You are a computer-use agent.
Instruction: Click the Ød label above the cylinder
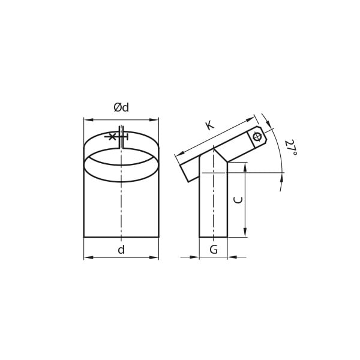(121, 107)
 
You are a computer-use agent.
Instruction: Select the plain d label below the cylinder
(121, 250)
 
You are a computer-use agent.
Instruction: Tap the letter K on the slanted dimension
(210, 125)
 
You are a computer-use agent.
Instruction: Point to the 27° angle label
(290, 148)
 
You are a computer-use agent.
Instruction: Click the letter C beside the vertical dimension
(238, 200)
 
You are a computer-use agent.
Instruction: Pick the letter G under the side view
(214, 250)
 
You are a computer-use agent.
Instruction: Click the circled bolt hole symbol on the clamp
(257, 137)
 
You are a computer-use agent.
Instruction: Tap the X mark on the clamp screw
(112, 137)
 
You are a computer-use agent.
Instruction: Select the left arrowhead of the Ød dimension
(89, 119)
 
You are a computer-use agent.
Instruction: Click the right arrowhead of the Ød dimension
(154, 119)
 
